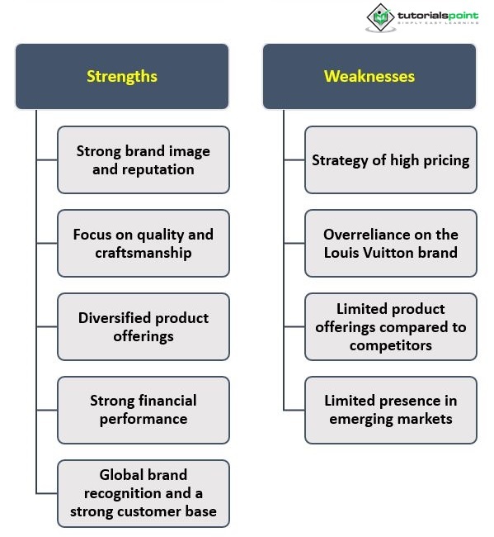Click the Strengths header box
point(122,76)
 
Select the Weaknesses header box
point(369,76)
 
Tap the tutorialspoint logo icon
point(381,17)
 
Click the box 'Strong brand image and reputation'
point(143,160)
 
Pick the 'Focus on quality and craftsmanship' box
point(143,243)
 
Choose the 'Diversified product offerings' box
point(143,326)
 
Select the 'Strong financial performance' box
point(143,410)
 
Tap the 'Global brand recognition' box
point(143,493)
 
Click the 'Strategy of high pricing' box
point(391,160)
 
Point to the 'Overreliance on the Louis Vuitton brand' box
point(391,243)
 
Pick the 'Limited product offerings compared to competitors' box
point(391,326)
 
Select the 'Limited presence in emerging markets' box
point(391,410)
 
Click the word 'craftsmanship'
point(143,254)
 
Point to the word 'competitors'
point(391,345)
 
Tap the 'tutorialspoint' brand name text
point(438,16)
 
